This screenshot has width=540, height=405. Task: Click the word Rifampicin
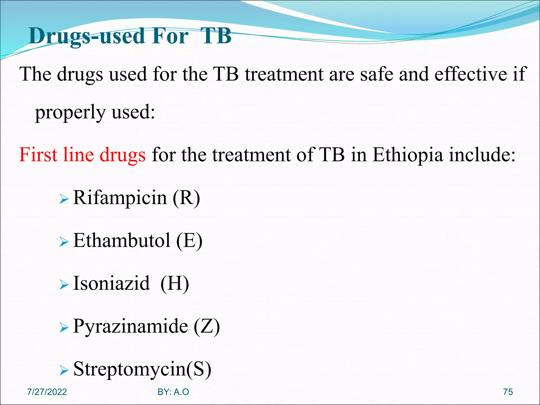tap(120, 198)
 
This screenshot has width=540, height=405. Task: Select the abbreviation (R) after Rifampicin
tap(186, 198)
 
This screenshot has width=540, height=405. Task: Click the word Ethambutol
tap(122, 240)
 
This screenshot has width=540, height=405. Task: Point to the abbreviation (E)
tap(189, 240)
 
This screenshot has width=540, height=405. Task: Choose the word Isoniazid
tap(112, 283)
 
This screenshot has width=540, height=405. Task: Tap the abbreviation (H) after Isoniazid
tap(175, 283)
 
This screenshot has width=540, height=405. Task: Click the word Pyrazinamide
tap(131, 326)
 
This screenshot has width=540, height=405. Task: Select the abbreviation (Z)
tap(206, 326)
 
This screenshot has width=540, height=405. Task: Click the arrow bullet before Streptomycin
tap(64, 370)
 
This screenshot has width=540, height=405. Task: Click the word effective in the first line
tap(470, 74)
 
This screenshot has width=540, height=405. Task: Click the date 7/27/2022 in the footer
tap(47, 392)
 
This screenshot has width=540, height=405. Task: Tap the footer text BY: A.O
tap(173, 392)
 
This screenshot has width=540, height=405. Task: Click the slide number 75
tap(508, 392)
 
